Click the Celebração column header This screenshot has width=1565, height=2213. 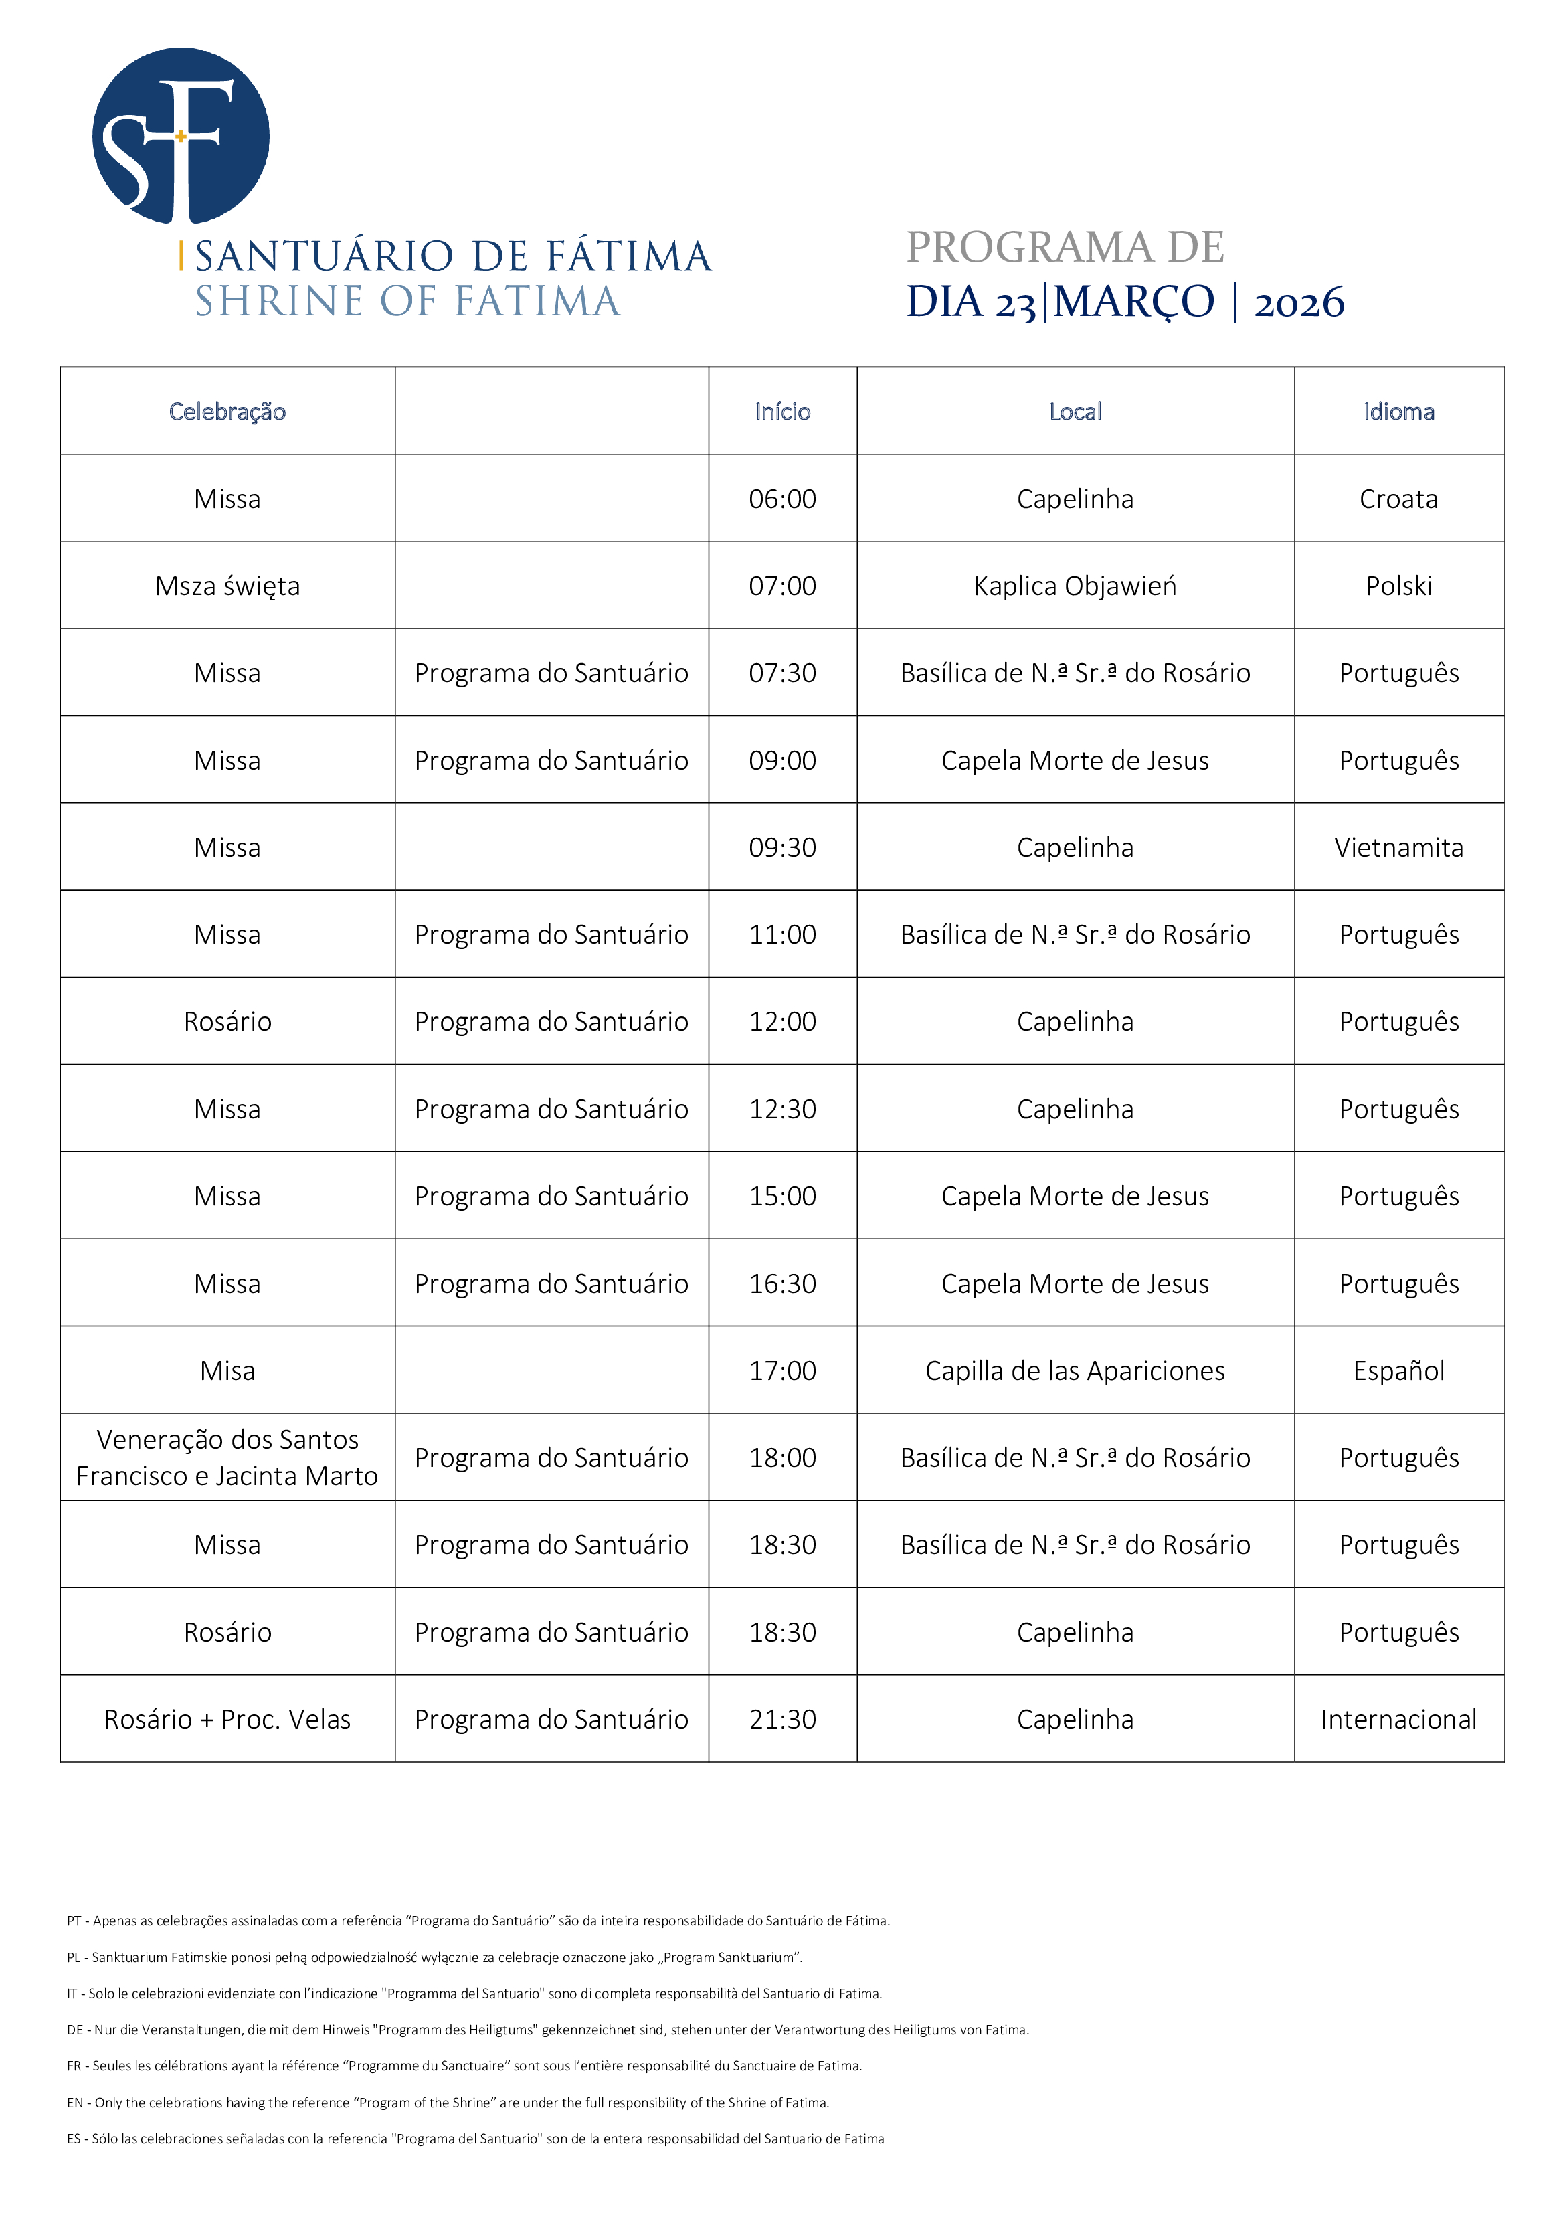click(227, 412)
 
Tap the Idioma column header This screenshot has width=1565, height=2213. click(1398, 412)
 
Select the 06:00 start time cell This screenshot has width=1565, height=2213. click(783, 499)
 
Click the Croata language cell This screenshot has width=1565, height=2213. click(1398, 499)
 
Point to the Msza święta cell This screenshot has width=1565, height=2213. click(227, 586)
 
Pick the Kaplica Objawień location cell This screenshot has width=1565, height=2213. click(1075, 586)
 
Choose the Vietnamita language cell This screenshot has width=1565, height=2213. click(1398, 847)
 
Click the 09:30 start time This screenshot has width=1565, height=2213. click(783, 847)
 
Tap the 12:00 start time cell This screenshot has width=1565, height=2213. click(783, 1022)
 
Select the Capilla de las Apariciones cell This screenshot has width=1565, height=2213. click(1075, 1370)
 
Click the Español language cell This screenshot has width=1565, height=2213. click(1398, 1370)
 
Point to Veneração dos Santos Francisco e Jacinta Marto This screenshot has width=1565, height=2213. click(227, 1457)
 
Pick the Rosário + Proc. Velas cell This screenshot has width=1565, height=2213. click(227, 1720)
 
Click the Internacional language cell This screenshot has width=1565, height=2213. click(1398, 1720)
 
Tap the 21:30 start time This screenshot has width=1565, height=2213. click(783, 1720)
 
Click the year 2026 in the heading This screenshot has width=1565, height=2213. click(1298, 302)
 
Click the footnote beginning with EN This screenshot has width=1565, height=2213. click(448, 2102)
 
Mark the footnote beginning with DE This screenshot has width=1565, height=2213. click(547, 2030)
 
